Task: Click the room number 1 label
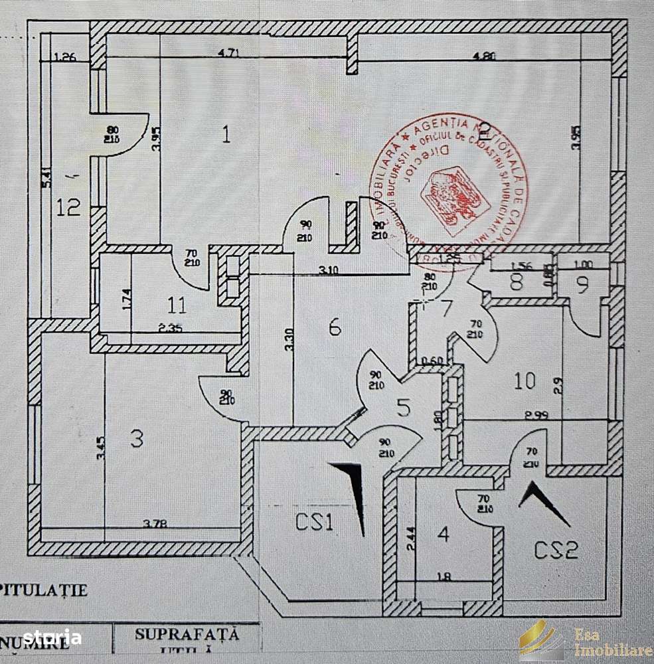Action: point(226,135)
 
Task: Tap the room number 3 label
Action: point(136,439)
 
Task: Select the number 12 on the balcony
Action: point(69,207)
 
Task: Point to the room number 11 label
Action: point(177,306)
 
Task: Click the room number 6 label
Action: point(334,326)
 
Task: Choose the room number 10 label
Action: point(525,381)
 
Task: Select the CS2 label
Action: point(557,549)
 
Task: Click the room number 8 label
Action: point(517,282)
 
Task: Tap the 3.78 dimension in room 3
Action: point(155,524)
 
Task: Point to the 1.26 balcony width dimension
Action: point(65,57)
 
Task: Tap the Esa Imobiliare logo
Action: point(584,641)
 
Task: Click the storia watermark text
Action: point(52,639)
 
